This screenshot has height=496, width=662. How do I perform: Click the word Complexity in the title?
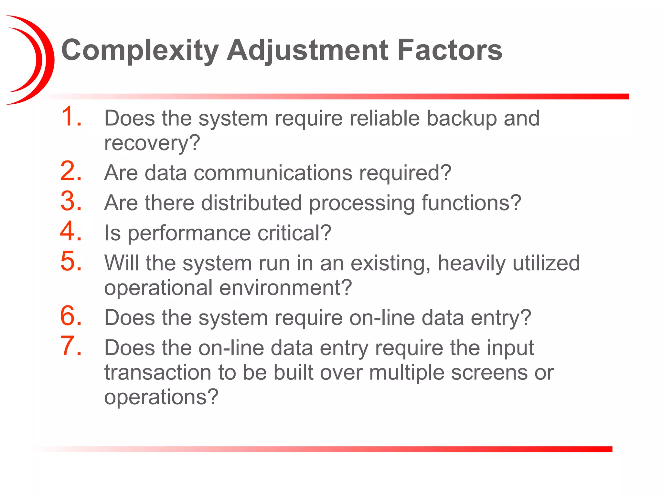click(140, 50)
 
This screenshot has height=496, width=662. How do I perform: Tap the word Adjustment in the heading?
click(307, 50)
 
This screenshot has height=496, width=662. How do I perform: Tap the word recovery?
click(152, 143)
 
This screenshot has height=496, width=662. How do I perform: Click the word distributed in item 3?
click(251, 203)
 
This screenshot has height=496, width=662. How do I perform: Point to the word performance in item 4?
click(189, 233)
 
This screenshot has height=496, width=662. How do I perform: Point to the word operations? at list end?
click(161, 397)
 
